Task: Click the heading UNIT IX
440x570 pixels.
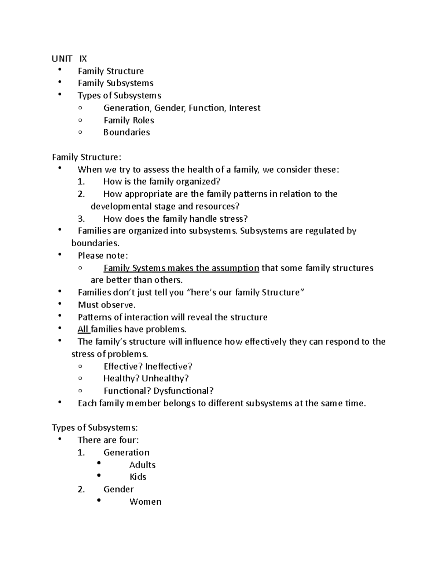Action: (69, 59)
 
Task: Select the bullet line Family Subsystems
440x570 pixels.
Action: (115, 83)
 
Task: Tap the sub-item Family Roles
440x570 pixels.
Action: (129, 120)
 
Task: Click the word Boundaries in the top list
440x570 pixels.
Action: (126, 132)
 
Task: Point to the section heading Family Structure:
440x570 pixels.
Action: (86, 157)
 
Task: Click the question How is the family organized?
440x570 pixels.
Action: (162, 182)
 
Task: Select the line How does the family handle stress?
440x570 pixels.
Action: (176, 219)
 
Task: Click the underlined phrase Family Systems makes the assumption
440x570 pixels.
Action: (181, 268)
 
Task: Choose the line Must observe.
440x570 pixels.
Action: (107, 305)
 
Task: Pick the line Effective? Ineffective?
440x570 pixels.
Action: (148, 367)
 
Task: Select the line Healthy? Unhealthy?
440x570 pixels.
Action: (146, 378)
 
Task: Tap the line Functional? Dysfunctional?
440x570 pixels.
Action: (158, 391)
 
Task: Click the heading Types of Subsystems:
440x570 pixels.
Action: (95, 428)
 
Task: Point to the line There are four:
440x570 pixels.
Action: (109, 440)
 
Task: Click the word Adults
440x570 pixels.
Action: (142, 465)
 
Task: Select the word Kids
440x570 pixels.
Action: (138, 477)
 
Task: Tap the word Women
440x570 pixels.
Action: (145, 502)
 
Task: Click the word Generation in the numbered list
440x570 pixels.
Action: (126, 453)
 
